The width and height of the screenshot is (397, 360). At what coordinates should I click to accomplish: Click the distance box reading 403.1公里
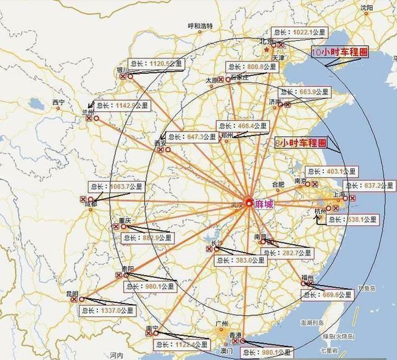(331, 172)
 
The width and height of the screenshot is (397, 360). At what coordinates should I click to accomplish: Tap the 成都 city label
(91, 204)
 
